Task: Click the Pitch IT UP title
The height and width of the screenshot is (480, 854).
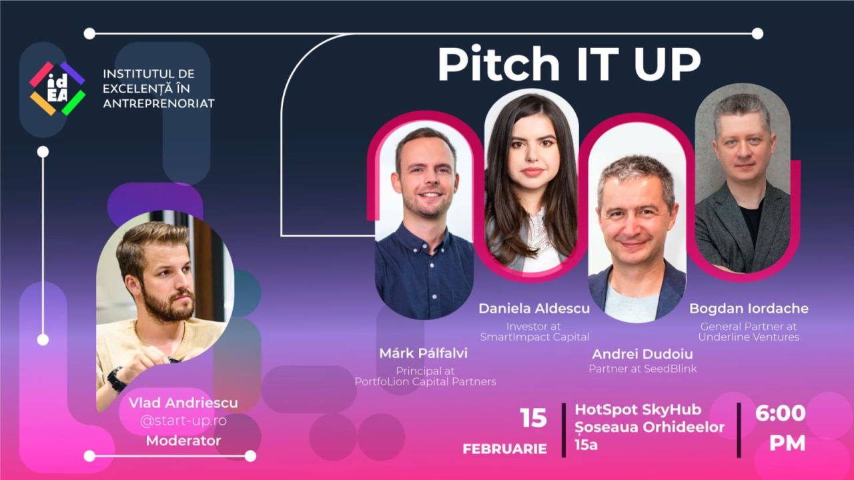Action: [569, 65]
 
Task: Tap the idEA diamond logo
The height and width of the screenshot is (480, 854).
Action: [57, 89]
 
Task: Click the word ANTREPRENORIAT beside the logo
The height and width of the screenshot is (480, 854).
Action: [159, 104]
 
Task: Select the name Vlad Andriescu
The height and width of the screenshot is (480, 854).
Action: [183, 403]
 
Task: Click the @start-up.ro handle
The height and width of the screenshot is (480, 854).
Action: [183, 421]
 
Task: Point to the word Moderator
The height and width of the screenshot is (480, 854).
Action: [183, 441]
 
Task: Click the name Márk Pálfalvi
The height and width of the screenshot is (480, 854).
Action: [423, 353]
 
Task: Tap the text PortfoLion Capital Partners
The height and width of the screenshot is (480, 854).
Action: [425, 382]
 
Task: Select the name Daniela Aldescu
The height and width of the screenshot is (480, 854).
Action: [534, 309]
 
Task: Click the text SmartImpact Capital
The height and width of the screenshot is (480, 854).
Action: [534, 337]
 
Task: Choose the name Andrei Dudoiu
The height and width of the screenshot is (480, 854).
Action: [643, 354]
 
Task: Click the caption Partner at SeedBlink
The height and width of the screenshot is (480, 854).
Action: [643, 369]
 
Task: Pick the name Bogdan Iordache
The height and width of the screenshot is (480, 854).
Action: [749, 309]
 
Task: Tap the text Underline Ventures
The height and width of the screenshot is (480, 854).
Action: [749, 337]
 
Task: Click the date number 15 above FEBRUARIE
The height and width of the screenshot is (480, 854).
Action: [533, 418]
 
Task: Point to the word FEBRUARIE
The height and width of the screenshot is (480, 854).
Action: [504, 449]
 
